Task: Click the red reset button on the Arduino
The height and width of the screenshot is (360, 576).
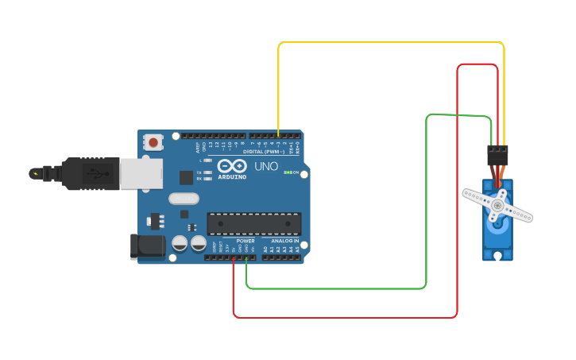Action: (152, 142)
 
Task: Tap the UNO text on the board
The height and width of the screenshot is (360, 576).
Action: (266, 166)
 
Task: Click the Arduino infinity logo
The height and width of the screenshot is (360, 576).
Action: (231, 165)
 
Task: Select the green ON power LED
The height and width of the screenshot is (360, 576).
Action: (287, 172)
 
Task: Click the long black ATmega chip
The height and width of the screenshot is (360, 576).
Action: (253, 223)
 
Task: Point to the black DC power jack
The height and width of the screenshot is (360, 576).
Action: (148, 246)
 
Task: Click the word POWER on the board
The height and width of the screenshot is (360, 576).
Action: (245, 241)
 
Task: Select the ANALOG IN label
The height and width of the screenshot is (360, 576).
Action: (284, 241)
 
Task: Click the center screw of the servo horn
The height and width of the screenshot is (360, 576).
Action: (497, 205)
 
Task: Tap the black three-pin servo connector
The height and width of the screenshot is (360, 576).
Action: (497, 154)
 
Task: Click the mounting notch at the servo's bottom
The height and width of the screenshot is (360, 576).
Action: (497, 255)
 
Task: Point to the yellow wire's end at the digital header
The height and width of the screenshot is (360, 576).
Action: (278, 136)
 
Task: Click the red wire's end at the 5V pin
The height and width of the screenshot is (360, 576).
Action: (234, 257)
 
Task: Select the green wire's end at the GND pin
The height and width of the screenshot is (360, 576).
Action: (246, 257)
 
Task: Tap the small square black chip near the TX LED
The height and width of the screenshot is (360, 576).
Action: (186, 178)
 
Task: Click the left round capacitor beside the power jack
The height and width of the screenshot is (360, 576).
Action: (180, 242)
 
